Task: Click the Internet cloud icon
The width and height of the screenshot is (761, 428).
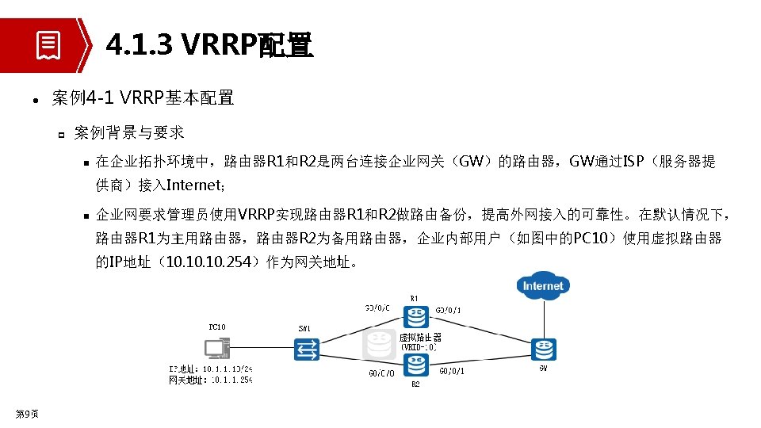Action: [x=543, y=285]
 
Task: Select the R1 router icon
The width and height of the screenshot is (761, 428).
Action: [x=415, y=317]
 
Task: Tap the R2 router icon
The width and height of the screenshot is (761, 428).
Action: [x=415, y=365]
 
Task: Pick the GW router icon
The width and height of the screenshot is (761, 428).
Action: [x=543, y=349]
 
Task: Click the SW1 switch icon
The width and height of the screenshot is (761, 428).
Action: [x=306, y=349]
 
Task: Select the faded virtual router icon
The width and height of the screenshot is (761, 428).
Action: [x=379, y=345]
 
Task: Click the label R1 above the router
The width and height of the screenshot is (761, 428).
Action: [x=415, y=299]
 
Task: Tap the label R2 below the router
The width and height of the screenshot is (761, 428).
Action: [x=415, y=384]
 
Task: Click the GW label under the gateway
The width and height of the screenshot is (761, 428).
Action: [x=543, y=367]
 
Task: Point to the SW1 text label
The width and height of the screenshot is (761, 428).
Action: [x=304, y=328]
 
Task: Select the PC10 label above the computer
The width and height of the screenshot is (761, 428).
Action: [x=217, y=327]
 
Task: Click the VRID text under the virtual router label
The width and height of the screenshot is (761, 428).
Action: [x=419, y=347]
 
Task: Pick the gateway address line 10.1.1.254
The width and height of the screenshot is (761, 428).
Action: [x=211, y=380]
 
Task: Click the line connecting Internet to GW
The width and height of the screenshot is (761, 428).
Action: [x=543, y=319]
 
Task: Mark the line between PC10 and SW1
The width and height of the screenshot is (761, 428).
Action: [x=262, y=349]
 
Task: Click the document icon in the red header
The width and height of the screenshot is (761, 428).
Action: [x=48, y=45]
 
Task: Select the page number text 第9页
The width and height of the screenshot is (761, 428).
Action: [x=27, y=413]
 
